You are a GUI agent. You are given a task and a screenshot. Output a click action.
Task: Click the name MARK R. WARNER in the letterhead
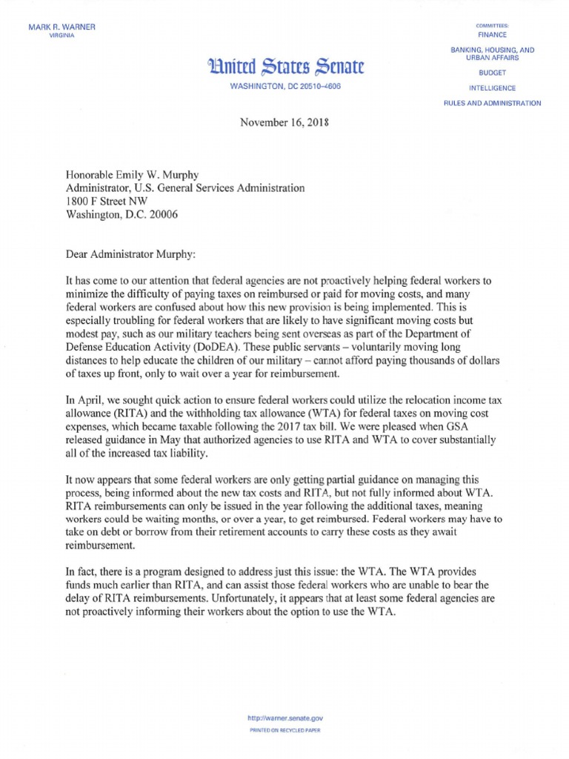(61, 27)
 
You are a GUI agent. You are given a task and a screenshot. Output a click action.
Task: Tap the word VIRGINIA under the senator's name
(61, 36)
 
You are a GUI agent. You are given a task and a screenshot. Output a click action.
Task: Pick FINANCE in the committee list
(492, 34)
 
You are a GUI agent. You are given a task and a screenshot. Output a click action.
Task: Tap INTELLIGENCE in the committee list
(492, 88)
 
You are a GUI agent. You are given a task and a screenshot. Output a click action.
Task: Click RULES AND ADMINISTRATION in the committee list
(492, 103)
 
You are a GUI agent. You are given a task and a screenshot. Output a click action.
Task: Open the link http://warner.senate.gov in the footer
(284, 718)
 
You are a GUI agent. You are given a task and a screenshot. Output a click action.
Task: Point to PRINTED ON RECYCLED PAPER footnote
(284, 730)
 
